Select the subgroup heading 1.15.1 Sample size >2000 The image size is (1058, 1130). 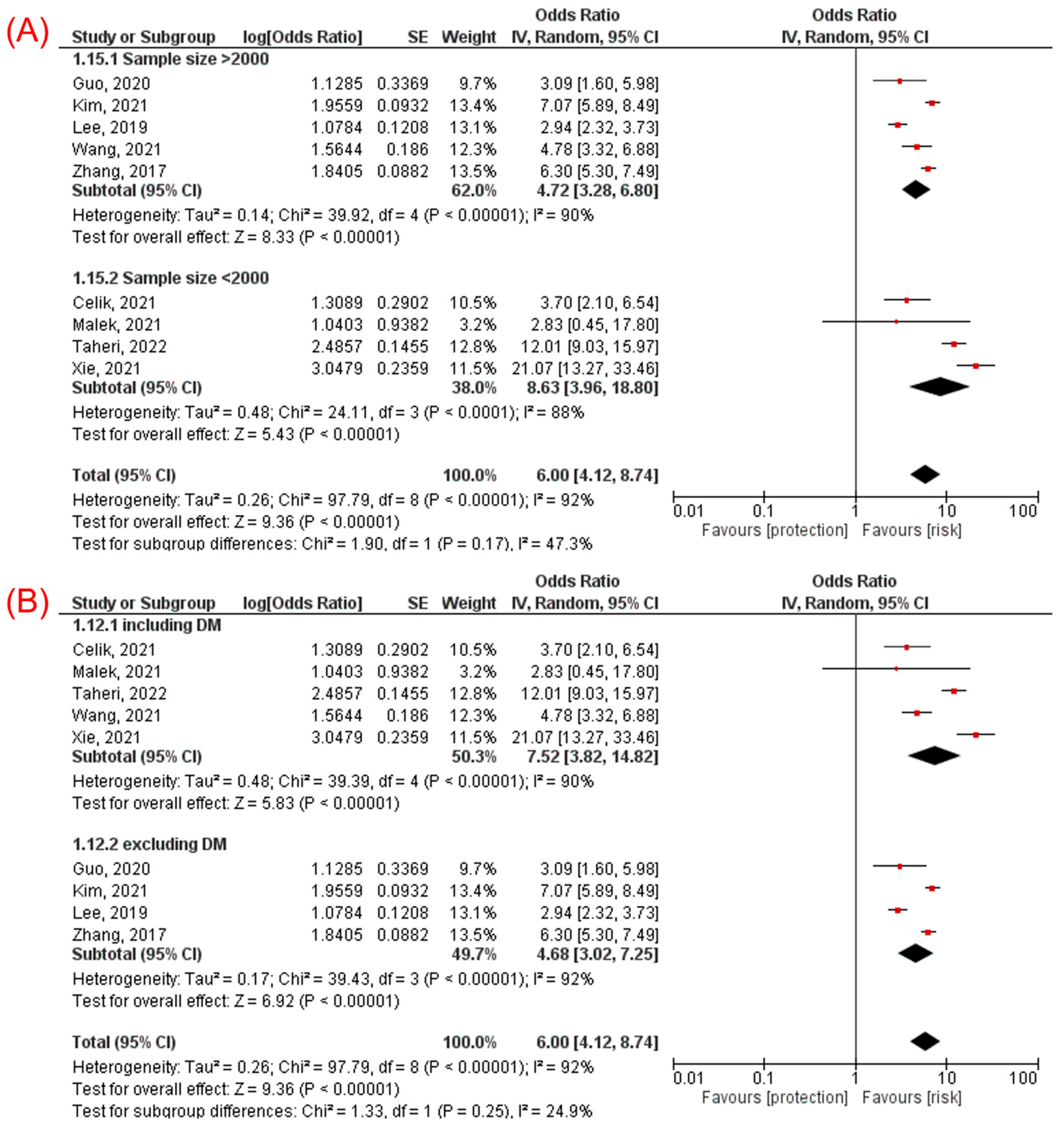click(170, 59)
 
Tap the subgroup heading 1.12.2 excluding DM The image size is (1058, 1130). click(150, 844)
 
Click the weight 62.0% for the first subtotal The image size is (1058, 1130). click(473, 191)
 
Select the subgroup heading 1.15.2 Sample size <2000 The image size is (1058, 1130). click(170, 278)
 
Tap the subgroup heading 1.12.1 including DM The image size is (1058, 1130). click(147, 625)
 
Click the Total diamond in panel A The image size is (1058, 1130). click(925, 475)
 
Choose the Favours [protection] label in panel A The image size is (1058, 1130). click(774, 530)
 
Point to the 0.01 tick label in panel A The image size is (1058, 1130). click(688, 511)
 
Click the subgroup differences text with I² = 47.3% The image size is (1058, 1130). click(332, 544)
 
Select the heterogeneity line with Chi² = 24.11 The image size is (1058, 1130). click(328, 412)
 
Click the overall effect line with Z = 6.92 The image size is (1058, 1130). click(236, 1001)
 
